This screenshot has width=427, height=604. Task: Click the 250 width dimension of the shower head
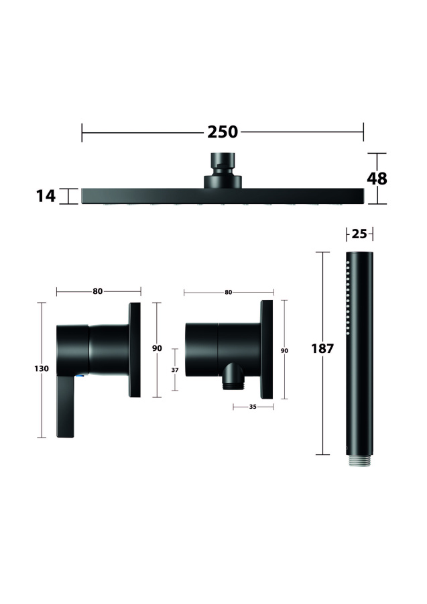pyautogui.click(x=223, y=132)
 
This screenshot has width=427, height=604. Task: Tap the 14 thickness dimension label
pyautogui.click(x=46, y=196)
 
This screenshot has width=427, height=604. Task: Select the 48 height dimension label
pyautogui.click(x=377, y=179)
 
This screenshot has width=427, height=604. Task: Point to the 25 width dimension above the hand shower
pyautogui.click(x=359, y=234)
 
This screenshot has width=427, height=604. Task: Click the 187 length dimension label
pyautogui.click(x=322, y=348)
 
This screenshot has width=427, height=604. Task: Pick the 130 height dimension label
pyautogui.click(x=42, y=368)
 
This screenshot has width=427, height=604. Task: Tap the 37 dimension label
pyautogui.click(x=175, y=370)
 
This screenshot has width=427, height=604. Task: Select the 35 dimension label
pyautogui.click(x=253, y=407)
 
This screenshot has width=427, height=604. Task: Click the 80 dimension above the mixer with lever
pyautogui.click(x=98, y=292)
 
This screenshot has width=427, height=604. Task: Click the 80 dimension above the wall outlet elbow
pyautogui.click(x=229, y=293)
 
